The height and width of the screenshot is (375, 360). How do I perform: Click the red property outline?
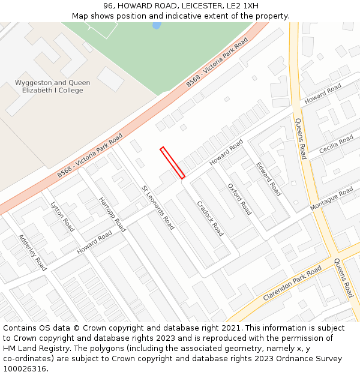pyautogui.click(x=172, y=163)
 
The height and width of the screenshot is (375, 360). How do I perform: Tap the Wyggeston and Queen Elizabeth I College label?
pyautogui.click(x=53, y=86)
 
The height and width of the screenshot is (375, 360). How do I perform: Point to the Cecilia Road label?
pyautogui.click(x=336, y=144)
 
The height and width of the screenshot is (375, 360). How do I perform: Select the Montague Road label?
pyautogui.click(x=331, y=199)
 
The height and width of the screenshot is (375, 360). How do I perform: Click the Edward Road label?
pyautogui.click(x=268, y=179)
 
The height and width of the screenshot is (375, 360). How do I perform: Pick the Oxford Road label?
pyautogui.click(x=239, y=199)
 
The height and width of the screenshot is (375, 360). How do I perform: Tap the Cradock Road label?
pyautogui.click(x=210, y=218)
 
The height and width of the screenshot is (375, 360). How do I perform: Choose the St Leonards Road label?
pyautogui.click(x=158, y=208)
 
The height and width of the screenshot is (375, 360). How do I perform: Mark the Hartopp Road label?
pyautogui.click(x=112, y=214)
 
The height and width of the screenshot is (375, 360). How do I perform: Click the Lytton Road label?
pyautogui.click(x=62, y=217)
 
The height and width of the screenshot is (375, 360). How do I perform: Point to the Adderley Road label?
pyautogui.click(x=32, y=252)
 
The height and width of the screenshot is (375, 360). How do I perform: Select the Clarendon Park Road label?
pyautogui.click(x=292, y=283)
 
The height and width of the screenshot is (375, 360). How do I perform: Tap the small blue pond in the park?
pyautogui.click(x=157, y=26)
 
